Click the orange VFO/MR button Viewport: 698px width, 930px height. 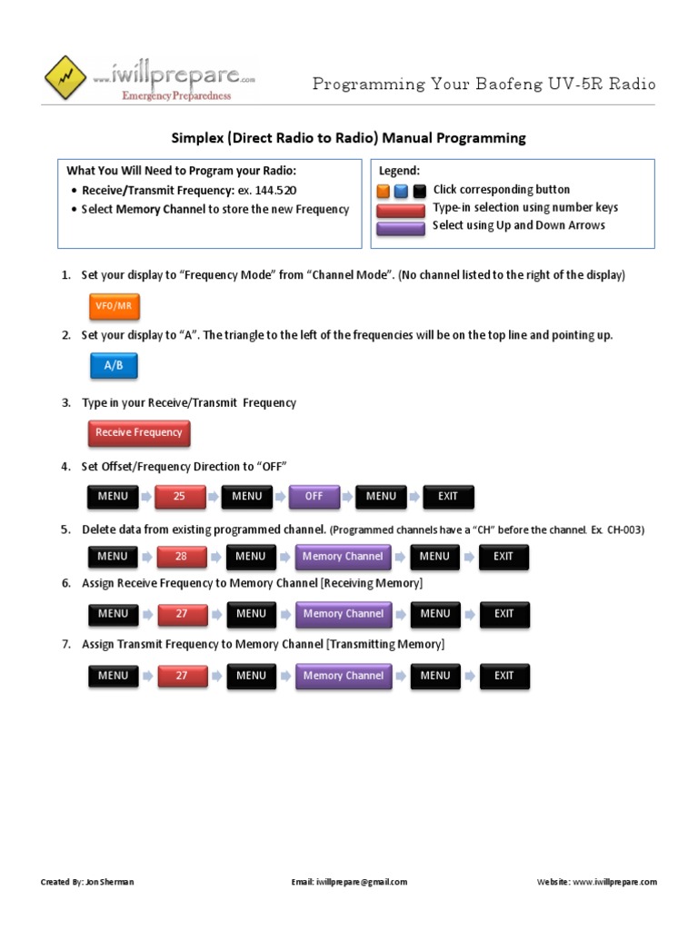coord(114,306)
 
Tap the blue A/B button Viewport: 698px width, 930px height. coord(114,365)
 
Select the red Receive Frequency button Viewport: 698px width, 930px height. coord(139,433)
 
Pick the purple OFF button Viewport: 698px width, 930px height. coord(314,497)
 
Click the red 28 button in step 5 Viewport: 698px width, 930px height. coord(182,557)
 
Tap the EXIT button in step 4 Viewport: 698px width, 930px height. coord(448,497)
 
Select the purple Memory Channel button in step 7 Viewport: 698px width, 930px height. coord(344,676)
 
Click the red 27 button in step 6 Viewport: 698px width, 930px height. coord(182,614)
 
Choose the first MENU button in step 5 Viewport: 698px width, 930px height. coord(113,557)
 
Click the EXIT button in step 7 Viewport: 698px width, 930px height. coord(504,676)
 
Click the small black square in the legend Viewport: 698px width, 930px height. coord(419,192)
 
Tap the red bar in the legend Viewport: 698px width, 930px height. coord(401,210)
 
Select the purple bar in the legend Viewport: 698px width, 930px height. coord(401,227)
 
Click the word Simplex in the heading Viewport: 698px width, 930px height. coord(198,138)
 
